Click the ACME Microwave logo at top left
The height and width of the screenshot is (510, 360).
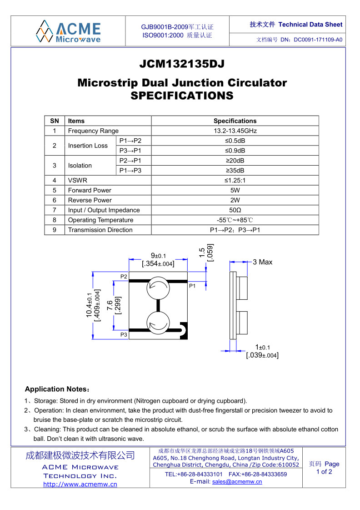point(68,31)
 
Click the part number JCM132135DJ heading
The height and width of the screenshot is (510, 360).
point(182,64)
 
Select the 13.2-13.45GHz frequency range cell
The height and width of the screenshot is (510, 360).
point(235,131)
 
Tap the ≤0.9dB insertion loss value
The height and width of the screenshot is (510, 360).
point(235,151)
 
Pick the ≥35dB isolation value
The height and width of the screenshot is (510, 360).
point(235,171)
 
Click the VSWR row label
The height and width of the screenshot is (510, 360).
point(78,180)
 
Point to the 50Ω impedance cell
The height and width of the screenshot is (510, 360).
point(235,210)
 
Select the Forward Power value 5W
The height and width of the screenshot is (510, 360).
point(235,190)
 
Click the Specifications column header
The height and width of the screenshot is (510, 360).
point(235,121)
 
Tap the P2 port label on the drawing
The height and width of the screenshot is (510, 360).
point(124,277)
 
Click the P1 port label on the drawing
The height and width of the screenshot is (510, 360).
point(192,286)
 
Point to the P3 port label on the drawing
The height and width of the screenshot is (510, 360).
point(124,335)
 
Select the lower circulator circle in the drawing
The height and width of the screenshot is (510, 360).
point(158,323)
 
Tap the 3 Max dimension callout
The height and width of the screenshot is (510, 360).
point(263,262)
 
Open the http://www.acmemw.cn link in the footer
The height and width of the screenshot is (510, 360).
point(80,484)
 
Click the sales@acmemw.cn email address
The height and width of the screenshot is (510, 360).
point(237,482)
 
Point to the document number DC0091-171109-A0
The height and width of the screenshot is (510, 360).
point(318,40)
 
